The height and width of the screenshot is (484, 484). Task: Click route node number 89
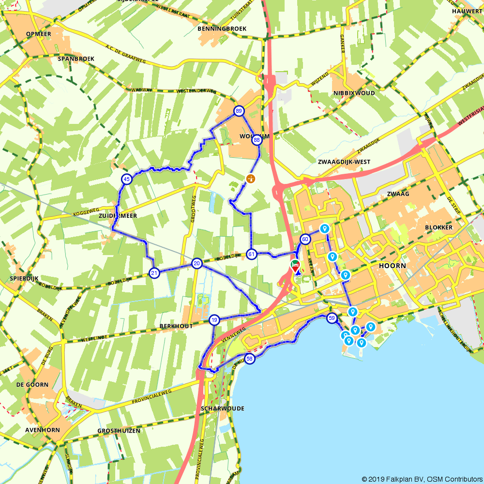tap(239, 111)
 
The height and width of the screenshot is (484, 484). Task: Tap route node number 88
tap(257, 140)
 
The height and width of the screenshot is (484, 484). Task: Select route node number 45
tap(126, 180)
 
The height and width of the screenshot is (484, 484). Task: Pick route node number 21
tap(154, 273)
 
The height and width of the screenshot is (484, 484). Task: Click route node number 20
tap(197, 263)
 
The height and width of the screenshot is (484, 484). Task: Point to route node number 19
tap(214, 320)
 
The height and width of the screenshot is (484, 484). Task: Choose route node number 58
tap(249, 359)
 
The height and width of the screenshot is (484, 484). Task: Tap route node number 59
tap(332, 318)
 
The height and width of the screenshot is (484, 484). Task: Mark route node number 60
tap(305, 239)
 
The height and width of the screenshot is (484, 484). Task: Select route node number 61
tap(251, 254)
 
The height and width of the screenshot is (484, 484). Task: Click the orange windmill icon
tap(250, 179)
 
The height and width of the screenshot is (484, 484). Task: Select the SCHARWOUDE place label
tap(222, 408)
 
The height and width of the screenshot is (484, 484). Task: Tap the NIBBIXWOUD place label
tap(354, 93)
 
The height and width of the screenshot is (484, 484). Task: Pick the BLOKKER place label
tap(439, 227)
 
